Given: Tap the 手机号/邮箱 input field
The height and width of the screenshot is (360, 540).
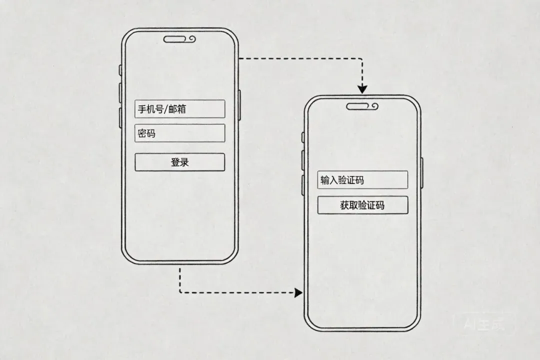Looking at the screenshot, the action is tap(179, 109).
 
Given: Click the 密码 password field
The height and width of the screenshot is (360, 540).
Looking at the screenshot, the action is tap(179, 133).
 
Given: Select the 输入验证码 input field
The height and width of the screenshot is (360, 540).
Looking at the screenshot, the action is tap(362, 180).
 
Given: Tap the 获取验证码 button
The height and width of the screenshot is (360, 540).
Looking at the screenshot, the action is tap(362, 205).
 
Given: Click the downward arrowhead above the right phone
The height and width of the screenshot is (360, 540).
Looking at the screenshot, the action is tap(362, 89).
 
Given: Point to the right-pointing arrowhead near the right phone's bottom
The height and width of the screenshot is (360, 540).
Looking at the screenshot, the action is tap(298, 292).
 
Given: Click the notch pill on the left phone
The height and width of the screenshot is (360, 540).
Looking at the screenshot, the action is tap(176, 39).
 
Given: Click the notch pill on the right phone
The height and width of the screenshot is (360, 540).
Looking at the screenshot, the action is tap(359, 106).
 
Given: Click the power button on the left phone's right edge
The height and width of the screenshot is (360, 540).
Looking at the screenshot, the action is tap(239, 105).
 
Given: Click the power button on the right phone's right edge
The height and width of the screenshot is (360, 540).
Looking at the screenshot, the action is tap(422, 173).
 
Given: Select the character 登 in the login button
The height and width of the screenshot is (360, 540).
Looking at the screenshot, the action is tap(175, 162).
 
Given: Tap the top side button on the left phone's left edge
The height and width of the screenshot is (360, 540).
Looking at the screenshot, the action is tap(120, 70).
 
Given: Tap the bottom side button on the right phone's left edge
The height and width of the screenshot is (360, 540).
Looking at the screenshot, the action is tap(303, 185).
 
